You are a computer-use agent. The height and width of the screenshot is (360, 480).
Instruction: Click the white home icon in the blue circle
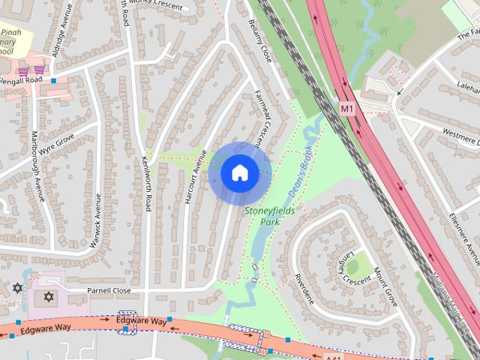point(239,172)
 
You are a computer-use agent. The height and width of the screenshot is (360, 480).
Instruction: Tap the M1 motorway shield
point(346,109)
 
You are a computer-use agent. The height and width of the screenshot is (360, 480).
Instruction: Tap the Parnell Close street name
point(109,290)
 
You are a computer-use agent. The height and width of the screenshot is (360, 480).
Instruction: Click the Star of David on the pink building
point(50,298)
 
